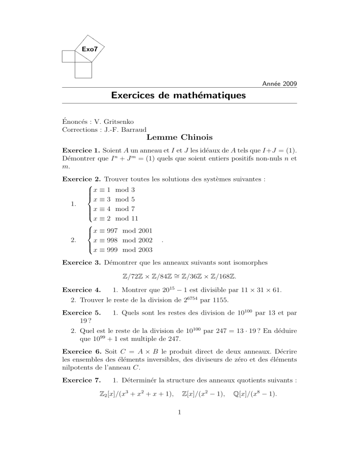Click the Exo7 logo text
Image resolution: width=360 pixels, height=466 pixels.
pos(89,49)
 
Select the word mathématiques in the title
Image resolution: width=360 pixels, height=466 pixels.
pos(208,97)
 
